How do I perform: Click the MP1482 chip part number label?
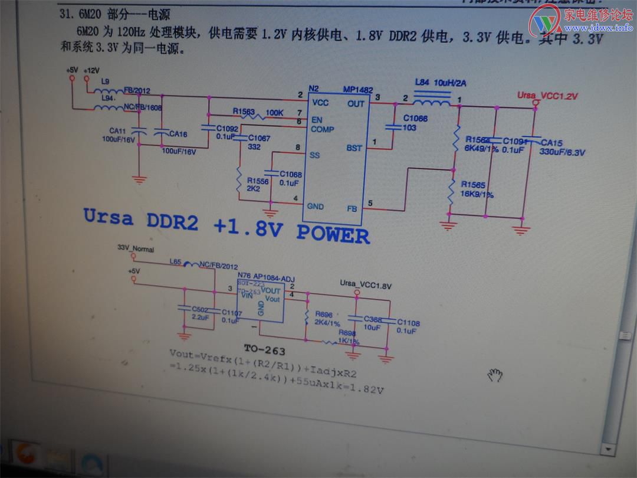[358, 90]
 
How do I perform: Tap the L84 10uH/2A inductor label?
[436, 83]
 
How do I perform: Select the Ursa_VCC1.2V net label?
[547, 96]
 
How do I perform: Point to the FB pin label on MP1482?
[353, 208]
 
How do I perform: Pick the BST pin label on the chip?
[354, 148]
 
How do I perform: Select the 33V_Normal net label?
[136, 250]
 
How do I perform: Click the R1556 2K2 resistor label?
[258, 185]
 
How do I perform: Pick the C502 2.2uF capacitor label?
[200, 313]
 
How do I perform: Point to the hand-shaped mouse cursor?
[494, 374]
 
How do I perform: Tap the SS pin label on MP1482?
[314, 155]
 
